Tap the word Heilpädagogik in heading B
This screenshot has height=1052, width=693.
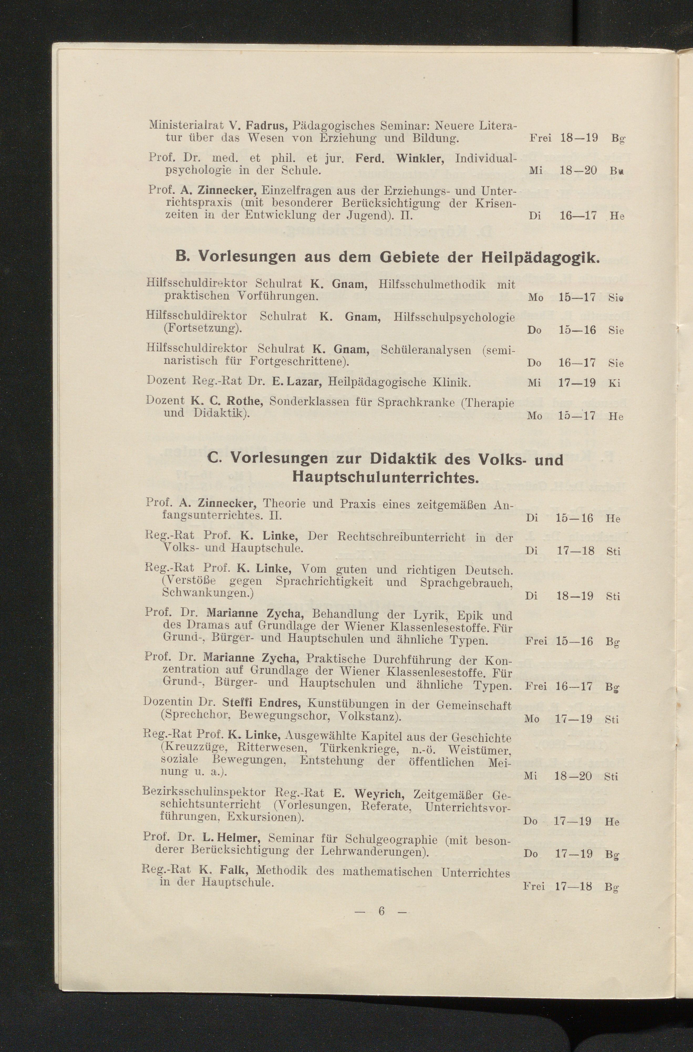pyautogui.click(x=539, y=257)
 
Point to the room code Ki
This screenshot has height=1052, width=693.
pyautogui.click(x=614, y=383)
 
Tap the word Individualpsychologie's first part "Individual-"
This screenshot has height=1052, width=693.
pyautogui.click(x=485, y=158)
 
